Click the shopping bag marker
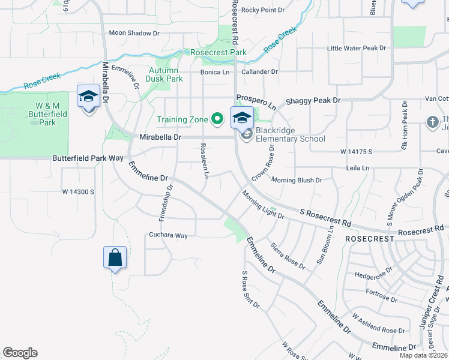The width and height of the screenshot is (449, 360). pyautogui.click(x=115, y=258)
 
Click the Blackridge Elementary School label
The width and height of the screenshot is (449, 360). pyautogui.click(x=291, y=134)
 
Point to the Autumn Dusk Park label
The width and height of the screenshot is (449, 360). pyautogui.click(x=165, y=74)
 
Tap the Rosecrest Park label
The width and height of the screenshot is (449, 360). pyautogui.click(x=218, y=53)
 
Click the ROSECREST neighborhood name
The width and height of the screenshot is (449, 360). pyautogui.click(x=369, y=238)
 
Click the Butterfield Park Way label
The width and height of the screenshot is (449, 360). pyautogui.click(x=88, y=158)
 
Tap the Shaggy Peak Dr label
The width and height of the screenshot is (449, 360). pyautogui.click(x=313, y=101)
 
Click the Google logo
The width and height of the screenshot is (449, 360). pyautogui.click(x=20, y=353)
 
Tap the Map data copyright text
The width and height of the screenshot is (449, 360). pyautogui.click(x=423, y=355)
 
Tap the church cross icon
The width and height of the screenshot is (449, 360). pyautogui.click(x=432, y=122)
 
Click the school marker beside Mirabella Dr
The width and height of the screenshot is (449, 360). pyautogui.click(x=88, y=97)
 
